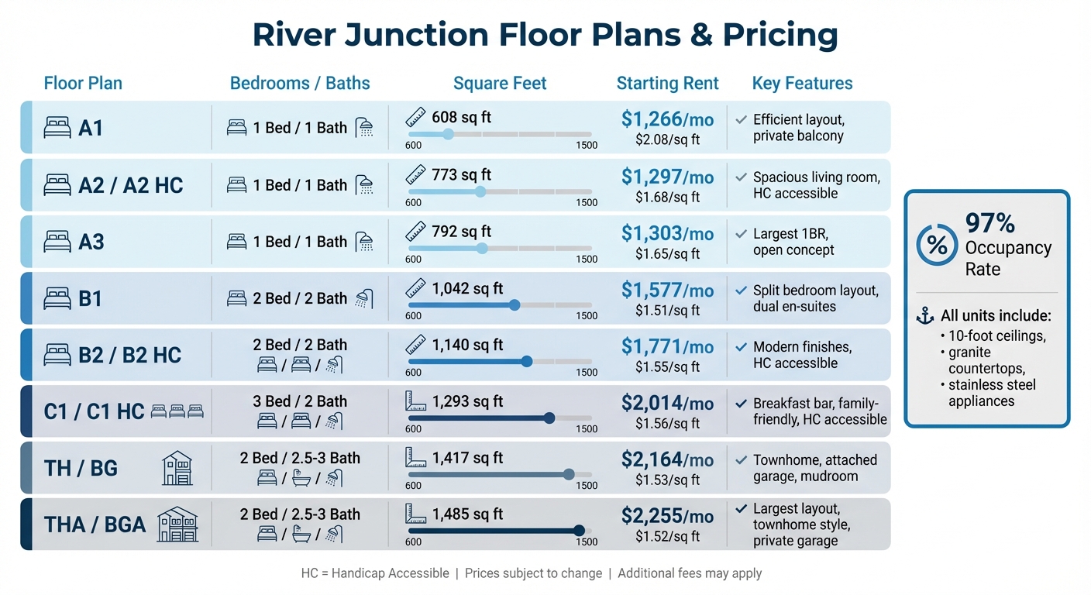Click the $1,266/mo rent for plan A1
tap(667, 119)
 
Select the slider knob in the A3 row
tap(482, 248)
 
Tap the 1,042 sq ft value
tap(467, 289)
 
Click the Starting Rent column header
tap(667, 84)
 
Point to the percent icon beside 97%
tap(937, 246)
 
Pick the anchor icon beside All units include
tap(924, 316)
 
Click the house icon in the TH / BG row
tap(177, 468)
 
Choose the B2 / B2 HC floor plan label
tap(129, 356)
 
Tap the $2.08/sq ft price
tap(667, 140)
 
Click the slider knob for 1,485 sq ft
tap(578, 531)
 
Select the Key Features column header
tap(802, 84)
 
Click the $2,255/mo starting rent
tap(667, 516)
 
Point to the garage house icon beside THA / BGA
tap(177, 524)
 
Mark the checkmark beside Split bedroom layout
tap(741, 291)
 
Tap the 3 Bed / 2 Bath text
tap(300, 401)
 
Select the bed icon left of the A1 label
tap(57, 128)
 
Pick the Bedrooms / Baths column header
tap(300, 84)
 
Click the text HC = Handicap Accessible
tap(375, 573)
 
